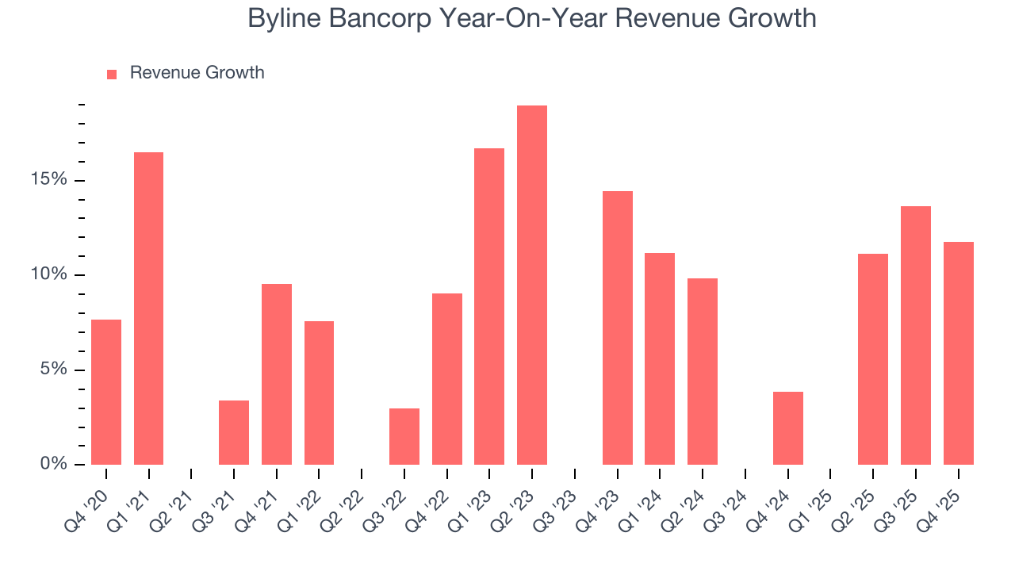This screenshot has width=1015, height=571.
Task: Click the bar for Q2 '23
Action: [532, 285]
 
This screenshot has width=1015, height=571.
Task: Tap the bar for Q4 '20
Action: [106, 392]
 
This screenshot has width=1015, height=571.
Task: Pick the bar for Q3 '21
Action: [234, 432]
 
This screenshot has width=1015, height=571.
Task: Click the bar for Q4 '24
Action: [787, 427]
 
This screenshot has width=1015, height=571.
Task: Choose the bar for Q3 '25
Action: [916, 335]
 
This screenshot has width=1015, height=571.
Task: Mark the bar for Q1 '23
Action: [489, 306]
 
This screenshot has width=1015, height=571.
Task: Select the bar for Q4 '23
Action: [617, 328]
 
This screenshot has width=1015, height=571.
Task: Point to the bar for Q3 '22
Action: [404, 436]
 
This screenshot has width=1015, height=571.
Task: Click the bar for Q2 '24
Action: [703, 371]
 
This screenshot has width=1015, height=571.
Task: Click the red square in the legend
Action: [112, 74]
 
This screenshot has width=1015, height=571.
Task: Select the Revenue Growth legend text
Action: [197, 73]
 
